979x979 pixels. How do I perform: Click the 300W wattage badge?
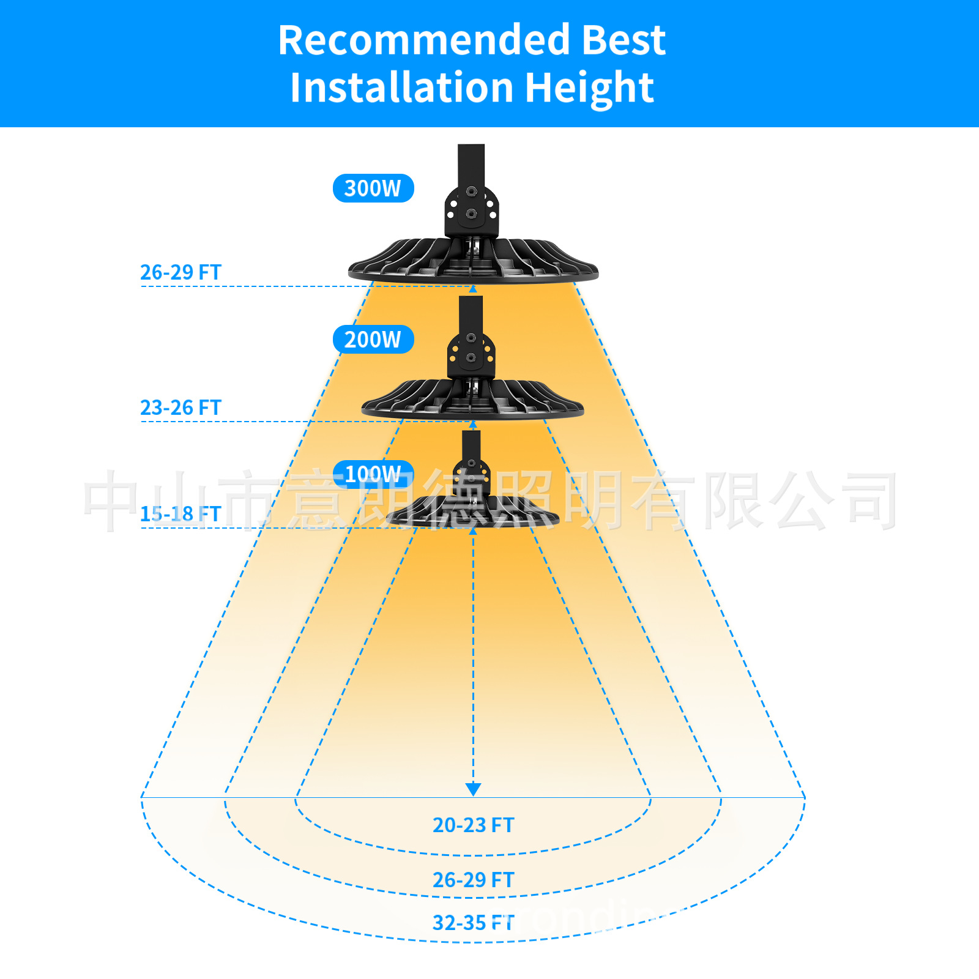(x=373, y=188)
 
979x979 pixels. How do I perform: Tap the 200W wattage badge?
(x=373, y=340)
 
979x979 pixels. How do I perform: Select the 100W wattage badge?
(x=373, y=474)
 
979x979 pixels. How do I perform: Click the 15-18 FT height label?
(x=181, y=514)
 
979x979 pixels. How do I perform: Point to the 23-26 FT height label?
(x=181, y=408)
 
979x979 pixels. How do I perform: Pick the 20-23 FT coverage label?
(x=473, y=825)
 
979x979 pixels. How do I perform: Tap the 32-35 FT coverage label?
(x=473, y=923)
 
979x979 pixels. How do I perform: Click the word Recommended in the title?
(x=423, y=40)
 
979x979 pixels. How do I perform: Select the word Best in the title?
(x=623, y=40)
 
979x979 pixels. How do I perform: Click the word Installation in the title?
(x=401, y=87)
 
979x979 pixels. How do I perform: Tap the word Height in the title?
(x=589, y=87)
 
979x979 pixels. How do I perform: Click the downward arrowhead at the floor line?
(x=473, y=789)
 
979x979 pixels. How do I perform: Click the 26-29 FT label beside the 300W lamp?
(x=181, y=272)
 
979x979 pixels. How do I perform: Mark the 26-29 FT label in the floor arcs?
(x=473, y=880)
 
